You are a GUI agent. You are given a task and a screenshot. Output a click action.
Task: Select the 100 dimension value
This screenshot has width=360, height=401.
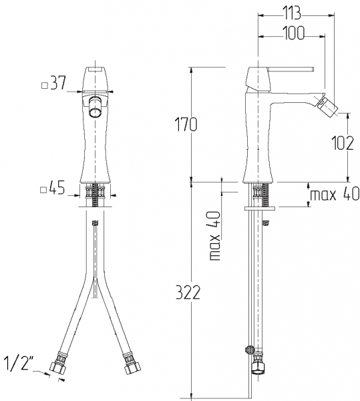(x=294, y=33)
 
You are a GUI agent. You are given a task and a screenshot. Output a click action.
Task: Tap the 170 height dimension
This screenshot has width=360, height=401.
(x=186, y=124)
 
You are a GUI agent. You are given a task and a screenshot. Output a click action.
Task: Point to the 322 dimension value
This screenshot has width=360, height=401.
(x=188, y=292)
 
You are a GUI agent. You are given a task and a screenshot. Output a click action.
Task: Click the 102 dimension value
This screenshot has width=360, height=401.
(x=343, y=143)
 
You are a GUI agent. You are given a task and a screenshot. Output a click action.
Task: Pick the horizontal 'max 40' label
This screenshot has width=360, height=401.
(x=335, y=194)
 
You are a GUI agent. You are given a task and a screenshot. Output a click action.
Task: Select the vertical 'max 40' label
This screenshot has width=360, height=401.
(x=214, y=235)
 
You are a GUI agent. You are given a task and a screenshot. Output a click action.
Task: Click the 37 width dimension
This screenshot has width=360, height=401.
(x=58, y=83)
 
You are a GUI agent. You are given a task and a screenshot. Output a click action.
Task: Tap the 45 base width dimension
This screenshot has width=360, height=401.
(x=57, y=188)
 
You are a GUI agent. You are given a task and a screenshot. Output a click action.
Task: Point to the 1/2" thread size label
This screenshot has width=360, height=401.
(x=19, y=364)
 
